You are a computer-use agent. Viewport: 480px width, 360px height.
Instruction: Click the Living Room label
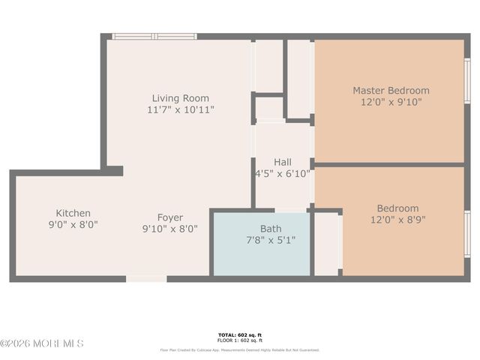[180, 98]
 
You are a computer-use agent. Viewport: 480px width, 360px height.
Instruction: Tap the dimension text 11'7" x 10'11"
[180, 109]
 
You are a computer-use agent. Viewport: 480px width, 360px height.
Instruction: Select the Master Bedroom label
[391, 91]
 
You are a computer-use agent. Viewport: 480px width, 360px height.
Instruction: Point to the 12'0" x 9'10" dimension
[391, 102]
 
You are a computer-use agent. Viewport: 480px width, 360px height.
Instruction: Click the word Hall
[283, 162]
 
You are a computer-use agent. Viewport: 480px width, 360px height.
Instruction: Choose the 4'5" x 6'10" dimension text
[283, 173]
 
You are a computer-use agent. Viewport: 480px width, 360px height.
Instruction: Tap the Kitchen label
[73, 213]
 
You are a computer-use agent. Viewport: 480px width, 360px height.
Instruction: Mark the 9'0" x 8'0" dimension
[73, 224]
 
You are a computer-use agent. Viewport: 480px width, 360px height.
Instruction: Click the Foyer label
[169, 217]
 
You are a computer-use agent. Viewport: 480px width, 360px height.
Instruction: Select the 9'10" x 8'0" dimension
[169, 229]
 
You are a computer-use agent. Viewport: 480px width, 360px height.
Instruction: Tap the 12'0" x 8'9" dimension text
[397, 220]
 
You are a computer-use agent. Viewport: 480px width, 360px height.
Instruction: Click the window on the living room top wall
[154, 36]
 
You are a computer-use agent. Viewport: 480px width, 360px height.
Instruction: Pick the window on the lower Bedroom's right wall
[467, 233]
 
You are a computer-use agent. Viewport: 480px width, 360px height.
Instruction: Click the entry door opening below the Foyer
[146, 279]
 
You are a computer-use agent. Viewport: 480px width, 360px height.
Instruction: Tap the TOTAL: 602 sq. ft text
[240, 335]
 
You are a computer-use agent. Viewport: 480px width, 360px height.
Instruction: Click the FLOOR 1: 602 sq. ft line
[240, 341]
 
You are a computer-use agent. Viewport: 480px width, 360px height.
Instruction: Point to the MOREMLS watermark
[42, 343]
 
